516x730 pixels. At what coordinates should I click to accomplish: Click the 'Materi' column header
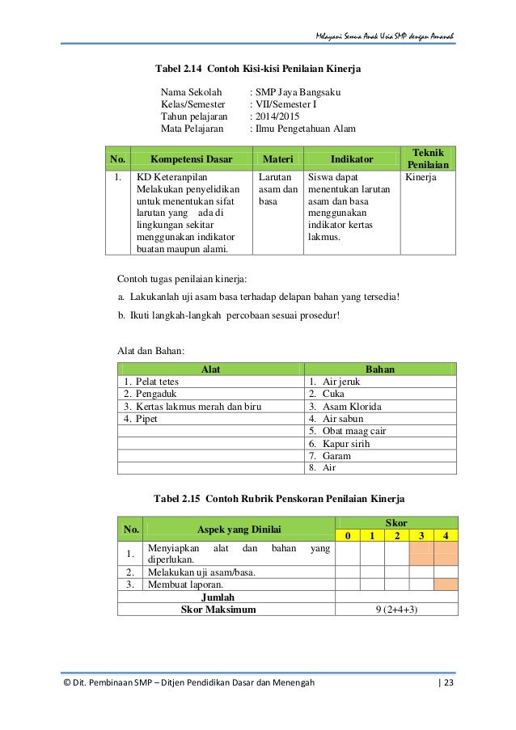tap(277, 159)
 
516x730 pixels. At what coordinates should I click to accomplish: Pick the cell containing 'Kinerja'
tap(421, 176)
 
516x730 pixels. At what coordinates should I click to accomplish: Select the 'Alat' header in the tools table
tap(210, 369)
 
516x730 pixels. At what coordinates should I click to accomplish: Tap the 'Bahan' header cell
tap(380, 369)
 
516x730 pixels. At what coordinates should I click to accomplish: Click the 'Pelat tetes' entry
tap(157, 382)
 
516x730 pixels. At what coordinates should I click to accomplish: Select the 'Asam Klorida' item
tap(351, 407)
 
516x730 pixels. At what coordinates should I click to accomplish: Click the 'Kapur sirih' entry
tap(346, 444)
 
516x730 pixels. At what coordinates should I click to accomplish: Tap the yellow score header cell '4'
tap(446, 535)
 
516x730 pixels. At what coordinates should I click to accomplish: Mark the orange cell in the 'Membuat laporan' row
tap(446, 584)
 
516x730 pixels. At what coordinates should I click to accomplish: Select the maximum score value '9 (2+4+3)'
tap(396, 610)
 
